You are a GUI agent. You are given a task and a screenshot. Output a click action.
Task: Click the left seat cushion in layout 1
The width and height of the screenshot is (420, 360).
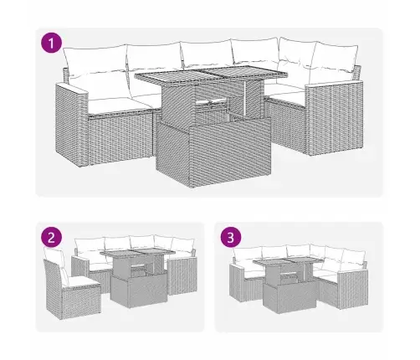click(x=113, y=104)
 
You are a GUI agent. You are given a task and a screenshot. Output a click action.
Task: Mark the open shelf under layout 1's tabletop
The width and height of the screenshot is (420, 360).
click(x=213, y=107)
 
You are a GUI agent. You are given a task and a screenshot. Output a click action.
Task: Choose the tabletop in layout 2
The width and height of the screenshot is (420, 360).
click(x=137, y=255)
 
